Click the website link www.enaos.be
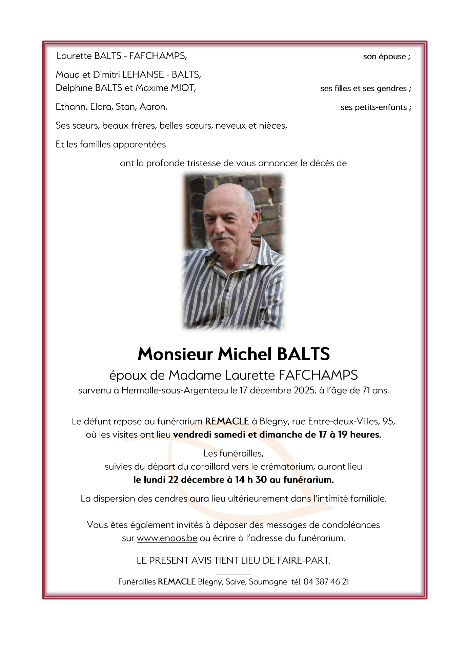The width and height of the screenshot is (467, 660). pos(167,538)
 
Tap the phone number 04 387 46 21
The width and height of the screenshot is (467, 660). pos(326,582)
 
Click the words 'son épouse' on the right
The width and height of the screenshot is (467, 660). pos(384,57)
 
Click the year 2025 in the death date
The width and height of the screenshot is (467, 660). pos(304,390)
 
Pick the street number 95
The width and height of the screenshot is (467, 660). pos(388,421)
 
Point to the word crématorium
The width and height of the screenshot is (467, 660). pos(288,467)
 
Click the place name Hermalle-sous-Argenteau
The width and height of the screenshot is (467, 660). pos(175,390)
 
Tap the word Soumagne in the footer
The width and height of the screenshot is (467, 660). pos(268,582)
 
